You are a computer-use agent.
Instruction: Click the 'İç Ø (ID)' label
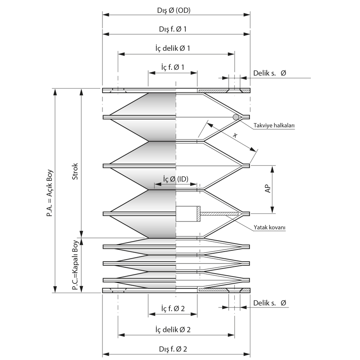pyautogui.click(x=175, y=179)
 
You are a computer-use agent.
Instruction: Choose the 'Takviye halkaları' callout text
pyautogui.click(x=274, y=126)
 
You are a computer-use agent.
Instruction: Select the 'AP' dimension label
pyautogui.click(x=268, y=189)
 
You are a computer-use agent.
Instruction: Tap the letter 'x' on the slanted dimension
pyautogui.click(x=235, y=134)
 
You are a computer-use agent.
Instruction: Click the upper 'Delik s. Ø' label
pyautogui.click(x=269, y=73)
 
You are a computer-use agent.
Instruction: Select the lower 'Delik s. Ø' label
pyautogui.click(x=269, y=303)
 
